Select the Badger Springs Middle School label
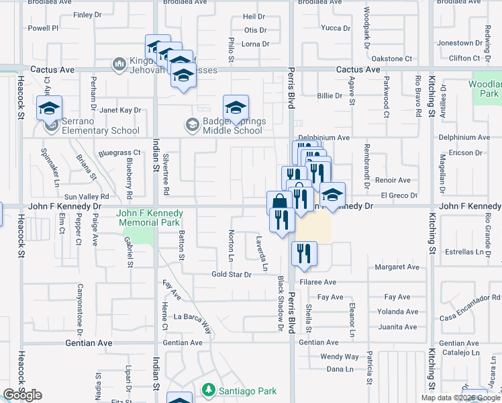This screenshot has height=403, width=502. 233,126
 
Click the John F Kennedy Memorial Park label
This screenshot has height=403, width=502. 148,218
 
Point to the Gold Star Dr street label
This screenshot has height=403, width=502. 231,274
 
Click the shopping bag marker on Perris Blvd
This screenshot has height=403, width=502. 279,202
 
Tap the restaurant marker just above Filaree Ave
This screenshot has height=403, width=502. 304,253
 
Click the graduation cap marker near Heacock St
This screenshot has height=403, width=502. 49,107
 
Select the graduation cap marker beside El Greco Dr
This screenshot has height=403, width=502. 332,195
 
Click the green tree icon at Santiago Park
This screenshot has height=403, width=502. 209,390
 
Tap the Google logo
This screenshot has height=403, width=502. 22,395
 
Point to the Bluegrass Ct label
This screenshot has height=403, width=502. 119,153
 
